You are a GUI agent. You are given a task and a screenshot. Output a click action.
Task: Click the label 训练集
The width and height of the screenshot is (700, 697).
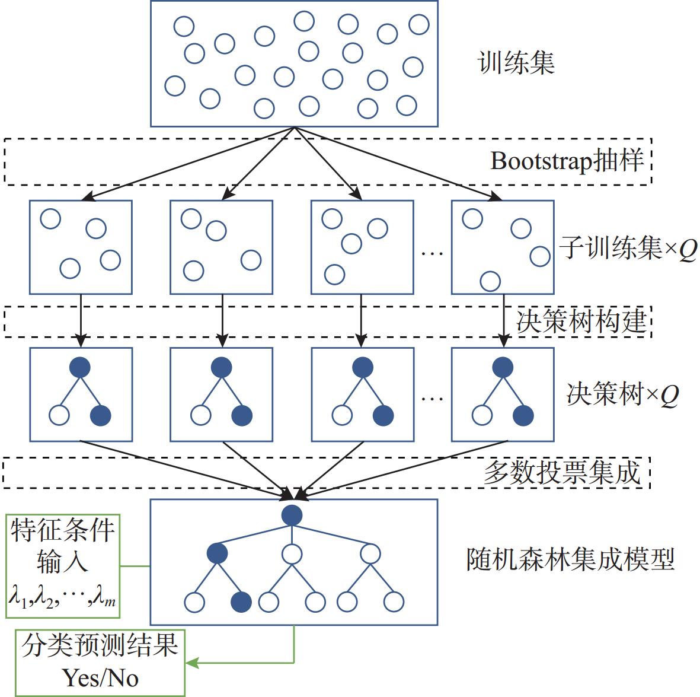pos(516,63)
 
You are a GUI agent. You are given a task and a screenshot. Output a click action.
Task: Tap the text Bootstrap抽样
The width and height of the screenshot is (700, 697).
pos(567,161)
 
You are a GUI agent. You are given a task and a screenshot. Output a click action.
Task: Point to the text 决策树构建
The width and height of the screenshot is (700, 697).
pos(581,322)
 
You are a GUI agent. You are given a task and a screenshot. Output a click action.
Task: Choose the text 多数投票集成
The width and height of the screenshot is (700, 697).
pos(562,473)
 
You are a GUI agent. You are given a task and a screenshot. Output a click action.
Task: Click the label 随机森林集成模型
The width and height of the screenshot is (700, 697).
pos(570,559)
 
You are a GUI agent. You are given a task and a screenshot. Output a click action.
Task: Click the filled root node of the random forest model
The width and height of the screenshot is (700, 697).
pos(292,515)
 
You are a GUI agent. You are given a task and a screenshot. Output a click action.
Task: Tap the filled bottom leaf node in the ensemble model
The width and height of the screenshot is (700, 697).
pos(241,602)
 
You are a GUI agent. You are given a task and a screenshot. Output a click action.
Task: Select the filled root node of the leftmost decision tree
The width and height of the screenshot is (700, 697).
pos(80,367)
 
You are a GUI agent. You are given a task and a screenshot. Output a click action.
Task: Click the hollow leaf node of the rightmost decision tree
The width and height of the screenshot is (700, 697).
pos(482,415)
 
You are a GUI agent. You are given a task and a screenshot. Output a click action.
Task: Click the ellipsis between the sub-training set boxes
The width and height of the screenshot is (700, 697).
pos(432,253)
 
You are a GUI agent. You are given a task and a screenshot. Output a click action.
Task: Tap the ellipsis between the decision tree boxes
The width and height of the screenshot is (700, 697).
pos(432,398)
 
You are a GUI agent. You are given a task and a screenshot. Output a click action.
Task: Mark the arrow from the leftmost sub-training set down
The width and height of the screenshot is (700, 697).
pos(81,320)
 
